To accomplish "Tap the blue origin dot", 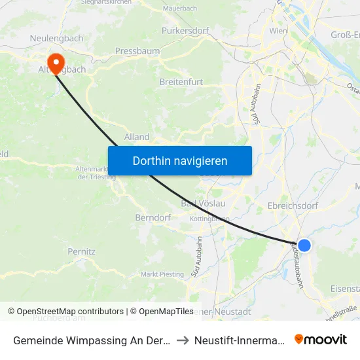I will pos(304,245).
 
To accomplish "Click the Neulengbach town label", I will pos(56,39).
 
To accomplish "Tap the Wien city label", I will pos(278,31).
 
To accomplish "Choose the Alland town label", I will pos(137,137).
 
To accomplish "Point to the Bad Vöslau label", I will pos(203,204).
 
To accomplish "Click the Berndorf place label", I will pos(153,217).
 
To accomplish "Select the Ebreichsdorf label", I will pos(293,205).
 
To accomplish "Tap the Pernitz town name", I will pos(82,251).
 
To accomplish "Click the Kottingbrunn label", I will pos(209,219).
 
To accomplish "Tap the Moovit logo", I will pos(321,340).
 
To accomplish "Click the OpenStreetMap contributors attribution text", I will pos(70,312).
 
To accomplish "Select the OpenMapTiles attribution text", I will pos(162,312).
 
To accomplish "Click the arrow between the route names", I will pos(183,340).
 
